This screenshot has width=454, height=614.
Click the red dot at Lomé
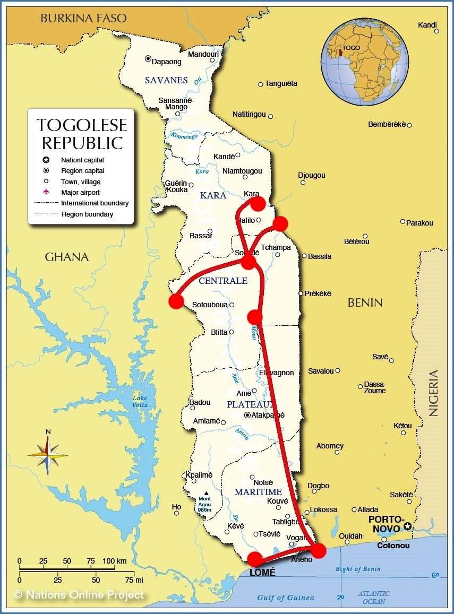click(255, 559)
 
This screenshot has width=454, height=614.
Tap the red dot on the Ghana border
click(176, 301)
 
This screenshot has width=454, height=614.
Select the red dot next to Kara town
click(258, 203)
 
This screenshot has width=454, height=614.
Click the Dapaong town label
click(167, 62)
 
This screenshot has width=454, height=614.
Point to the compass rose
click(48, 455)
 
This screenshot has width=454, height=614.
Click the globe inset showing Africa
click(364, 62)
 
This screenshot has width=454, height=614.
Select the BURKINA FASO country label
click(84, 19)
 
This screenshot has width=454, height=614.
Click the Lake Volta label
click(140, 402)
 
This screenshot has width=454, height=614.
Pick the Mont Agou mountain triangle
click(206, 494)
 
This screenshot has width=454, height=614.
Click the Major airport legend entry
click(80, 192)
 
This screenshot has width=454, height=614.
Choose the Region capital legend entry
click(82, 171)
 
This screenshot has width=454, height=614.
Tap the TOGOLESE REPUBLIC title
click(82, 134)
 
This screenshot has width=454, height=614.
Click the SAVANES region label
click(167, 80)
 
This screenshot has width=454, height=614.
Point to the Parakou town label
click(419, 223)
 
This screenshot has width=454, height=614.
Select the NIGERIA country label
click(434, 393)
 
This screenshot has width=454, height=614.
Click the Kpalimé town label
click(199, 475)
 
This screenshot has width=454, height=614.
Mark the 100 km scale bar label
click(114, 561)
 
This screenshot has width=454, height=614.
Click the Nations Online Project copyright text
click(79, 595)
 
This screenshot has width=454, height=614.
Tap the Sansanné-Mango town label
click(176, 103)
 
